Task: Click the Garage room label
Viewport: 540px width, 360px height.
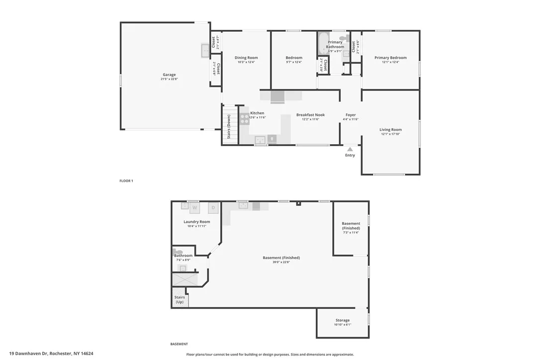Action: [169, 75]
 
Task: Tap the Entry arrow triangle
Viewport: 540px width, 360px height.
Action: [350, 149]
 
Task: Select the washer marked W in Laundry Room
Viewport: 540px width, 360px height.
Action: [195, 207]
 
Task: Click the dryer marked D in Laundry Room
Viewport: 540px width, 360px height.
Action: [213, 207]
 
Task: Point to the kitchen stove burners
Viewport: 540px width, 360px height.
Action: [245, 119]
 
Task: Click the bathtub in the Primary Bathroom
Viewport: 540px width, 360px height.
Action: [323, 44]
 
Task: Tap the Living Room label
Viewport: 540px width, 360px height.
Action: [390, 130]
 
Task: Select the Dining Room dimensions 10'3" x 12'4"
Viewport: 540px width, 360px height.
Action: [246, 62]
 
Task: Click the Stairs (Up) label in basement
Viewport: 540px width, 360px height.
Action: [180, 300]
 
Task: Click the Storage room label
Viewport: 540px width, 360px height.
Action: [343, 320]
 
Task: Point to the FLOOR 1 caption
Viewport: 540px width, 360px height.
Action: [126, 181]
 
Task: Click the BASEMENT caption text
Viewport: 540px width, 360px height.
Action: [179, 344]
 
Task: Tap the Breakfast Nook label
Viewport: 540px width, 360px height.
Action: [310, 115]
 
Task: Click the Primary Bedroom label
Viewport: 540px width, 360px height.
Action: [390, 58]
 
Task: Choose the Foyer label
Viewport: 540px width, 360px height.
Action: [351, 115]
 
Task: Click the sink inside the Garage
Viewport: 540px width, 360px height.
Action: [205, 50]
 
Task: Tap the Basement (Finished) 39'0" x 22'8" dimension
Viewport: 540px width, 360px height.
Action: [281, 262]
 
